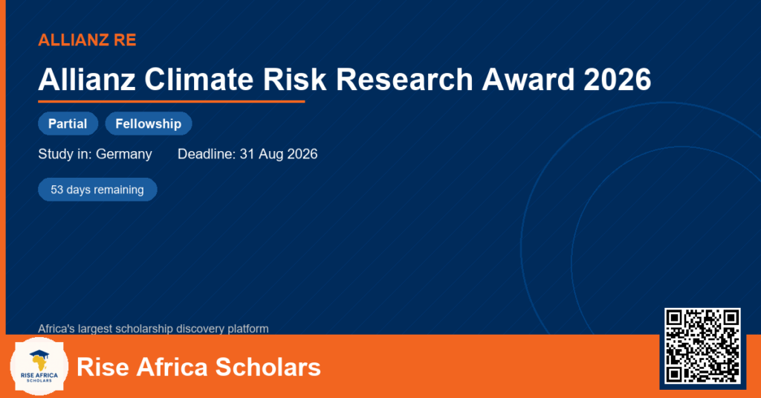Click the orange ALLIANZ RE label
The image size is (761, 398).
pos(87,40)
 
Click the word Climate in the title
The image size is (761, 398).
pos(199,79)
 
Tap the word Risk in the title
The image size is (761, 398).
pos(294,79)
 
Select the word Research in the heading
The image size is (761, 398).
pos(404,79)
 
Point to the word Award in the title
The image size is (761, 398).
pos(528,79)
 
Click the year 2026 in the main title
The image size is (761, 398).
pos(618,79)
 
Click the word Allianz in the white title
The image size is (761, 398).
pos(87,79)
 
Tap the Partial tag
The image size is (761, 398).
pos(68,123)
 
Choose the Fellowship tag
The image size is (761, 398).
pos(149,123)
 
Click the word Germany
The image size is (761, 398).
pos(124,154)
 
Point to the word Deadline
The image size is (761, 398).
pos(207,154)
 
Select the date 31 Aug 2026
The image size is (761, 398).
pos(279,154)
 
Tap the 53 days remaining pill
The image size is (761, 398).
pos(97,190)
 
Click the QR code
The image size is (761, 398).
pos(702,346)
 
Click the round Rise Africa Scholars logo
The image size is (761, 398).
pos(39,367)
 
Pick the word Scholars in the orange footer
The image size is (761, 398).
pos(268,367)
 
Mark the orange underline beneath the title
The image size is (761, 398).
pos(172,102)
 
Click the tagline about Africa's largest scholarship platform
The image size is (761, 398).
pos(153,329)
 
